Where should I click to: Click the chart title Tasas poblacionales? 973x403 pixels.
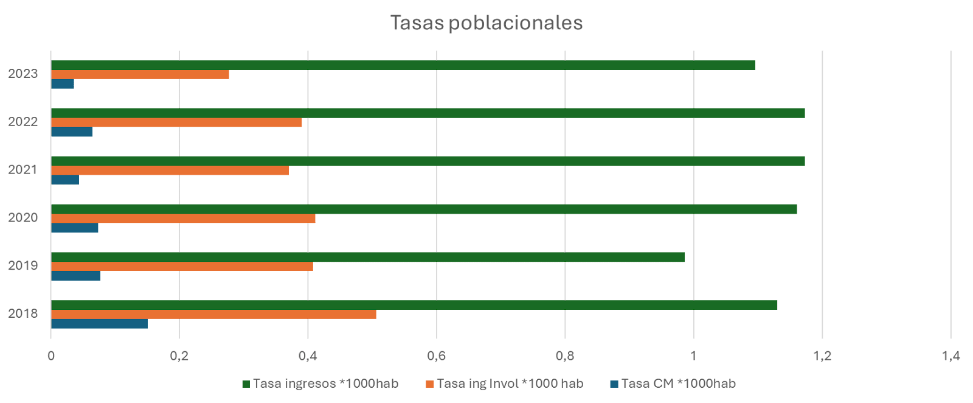point(486,23)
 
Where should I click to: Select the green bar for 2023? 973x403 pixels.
point(403,65)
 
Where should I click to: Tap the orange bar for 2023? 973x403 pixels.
point(140,75)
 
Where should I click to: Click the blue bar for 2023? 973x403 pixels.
point(63,84)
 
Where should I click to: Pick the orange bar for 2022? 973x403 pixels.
point(176,122)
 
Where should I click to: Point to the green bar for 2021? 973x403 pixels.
point(428,161)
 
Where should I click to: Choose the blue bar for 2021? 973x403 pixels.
point(65,180)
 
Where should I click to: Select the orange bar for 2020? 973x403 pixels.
point(183,219)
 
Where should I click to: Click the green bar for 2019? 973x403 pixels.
point(367,257)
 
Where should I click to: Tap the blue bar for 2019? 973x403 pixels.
point(75,276)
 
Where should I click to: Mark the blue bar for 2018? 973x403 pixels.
point(99,324)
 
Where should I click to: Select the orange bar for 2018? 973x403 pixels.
point(213,314)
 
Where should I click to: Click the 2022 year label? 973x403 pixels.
point(23,121)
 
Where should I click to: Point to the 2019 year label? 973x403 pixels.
point(23,265)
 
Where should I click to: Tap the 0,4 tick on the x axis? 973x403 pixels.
point(308,356)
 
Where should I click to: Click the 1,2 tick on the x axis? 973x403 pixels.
point(822,356)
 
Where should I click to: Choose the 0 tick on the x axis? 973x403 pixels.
point(51,356)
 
